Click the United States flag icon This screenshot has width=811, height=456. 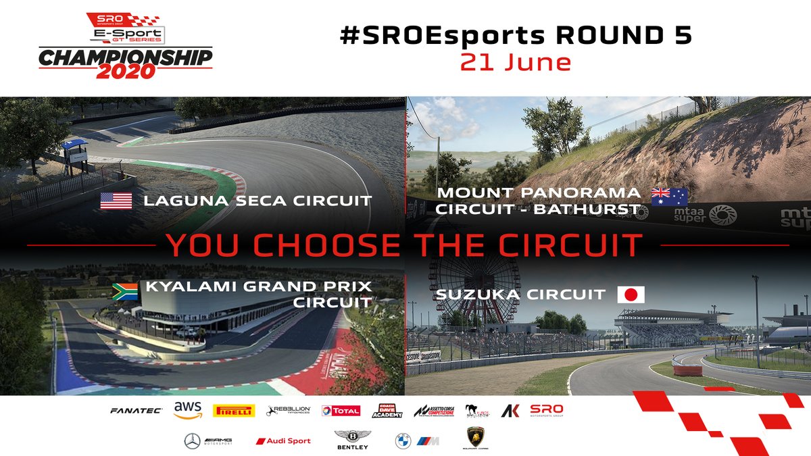coord(116,201)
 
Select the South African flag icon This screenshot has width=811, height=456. coord(124,292)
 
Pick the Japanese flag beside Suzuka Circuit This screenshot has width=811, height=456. coord(631,295)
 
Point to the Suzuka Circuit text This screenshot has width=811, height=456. coord(520,295)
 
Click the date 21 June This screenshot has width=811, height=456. coord(515,62)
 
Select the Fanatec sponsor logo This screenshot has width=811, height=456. coord(136,410)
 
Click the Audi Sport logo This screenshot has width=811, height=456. coord(283,441)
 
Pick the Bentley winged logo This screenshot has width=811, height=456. coord(351,441)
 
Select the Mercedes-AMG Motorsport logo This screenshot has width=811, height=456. coord(210,441)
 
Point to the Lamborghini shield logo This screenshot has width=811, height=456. coord(476,438)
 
